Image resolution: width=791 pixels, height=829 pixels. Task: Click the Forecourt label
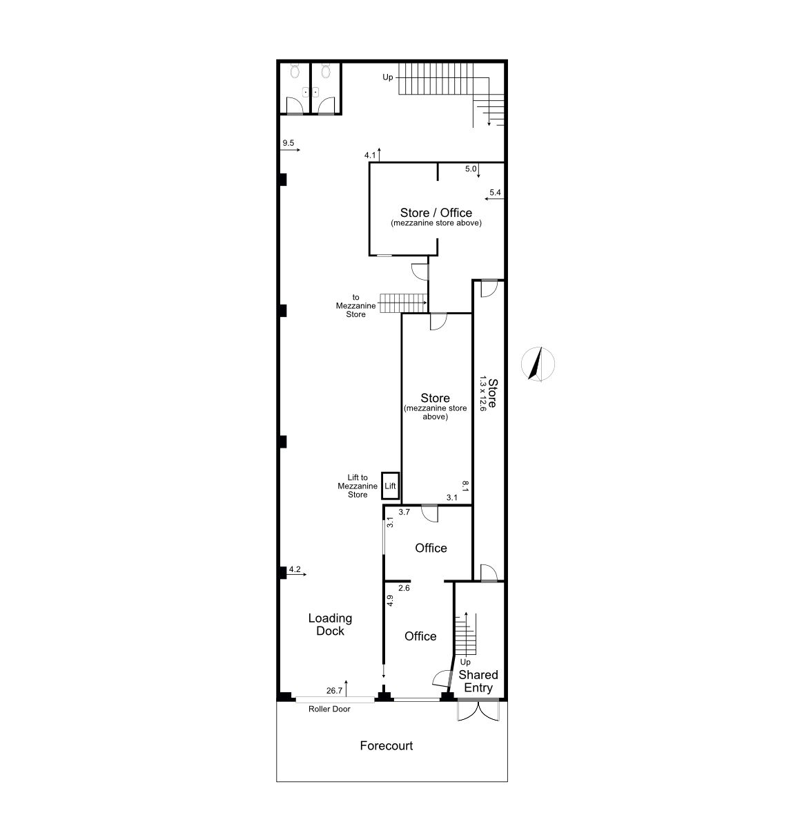(x=386, y=745)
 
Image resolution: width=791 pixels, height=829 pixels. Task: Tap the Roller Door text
(x=329, y=709)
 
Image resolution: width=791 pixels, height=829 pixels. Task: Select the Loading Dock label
(x=331, y=625)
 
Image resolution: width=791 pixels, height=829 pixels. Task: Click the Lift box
(x=390, y=486)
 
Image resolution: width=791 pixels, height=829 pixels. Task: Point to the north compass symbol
(x=538, y=364)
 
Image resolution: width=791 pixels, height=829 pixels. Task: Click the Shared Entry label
(x=478, y=681)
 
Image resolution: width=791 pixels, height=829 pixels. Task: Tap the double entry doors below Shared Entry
(x=478, y=711)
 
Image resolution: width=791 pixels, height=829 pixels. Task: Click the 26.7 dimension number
(x=334, y=691)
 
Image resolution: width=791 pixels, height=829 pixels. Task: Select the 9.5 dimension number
(x=289, y=143)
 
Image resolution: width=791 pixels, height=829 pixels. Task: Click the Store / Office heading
(x=436, y=213)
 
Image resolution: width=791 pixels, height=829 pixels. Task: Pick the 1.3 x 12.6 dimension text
(x=482, y=393)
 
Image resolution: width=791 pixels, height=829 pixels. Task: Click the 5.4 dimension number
(x=495, y=193)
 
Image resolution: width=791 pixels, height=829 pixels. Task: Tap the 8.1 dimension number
(x=465, y=486)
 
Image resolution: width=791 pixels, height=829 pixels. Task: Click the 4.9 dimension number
(x=390, y=600)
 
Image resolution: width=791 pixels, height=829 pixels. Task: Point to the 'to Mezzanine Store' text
(x=356, y=306)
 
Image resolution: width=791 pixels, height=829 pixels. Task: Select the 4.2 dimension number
(x=295, y=569)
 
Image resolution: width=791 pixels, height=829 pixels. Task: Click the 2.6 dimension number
(x=404, y=588)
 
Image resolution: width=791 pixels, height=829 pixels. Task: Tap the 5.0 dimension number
(x=471, y=169)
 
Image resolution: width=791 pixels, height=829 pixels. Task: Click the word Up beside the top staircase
(x=387, y=77)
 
